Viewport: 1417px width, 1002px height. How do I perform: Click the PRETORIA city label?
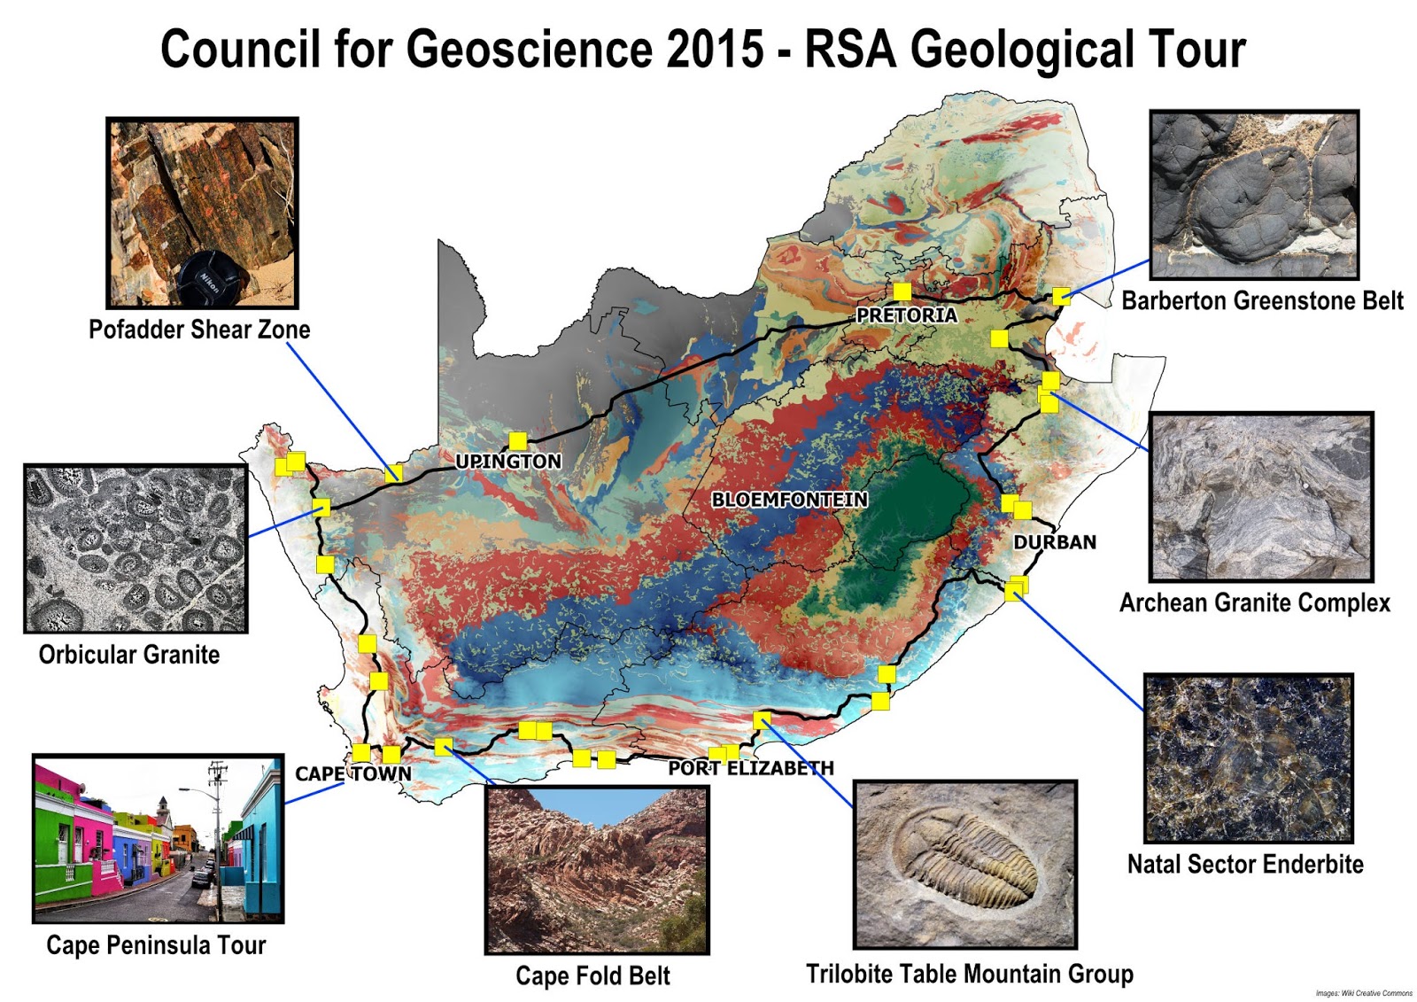[906, 315]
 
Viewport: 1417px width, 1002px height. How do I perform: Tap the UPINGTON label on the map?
[508, 462]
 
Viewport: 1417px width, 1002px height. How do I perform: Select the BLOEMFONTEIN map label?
[789, 500]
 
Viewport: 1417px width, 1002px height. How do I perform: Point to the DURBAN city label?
[1055, 542]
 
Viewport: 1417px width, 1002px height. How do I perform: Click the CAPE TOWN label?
[353, 774]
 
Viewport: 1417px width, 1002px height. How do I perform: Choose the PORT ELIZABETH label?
[751, 768]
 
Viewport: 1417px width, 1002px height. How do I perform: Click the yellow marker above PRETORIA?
[902, 291]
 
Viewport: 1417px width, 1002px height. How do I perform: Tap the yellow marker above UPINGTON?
[517, 440]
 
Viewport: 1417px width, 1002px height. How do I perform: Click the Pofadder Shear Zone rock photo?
[202, 213]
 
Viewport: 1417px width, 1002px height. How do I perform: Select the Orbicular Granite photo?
[136, 548]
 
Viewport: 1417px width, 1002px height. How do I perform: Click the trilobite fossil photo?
[964, 864]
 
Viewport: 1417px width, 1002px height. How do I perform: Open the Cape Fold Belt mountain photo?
[597, 869]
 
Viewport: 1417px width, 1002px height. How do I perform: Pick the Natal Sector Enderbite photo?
[1248, 757]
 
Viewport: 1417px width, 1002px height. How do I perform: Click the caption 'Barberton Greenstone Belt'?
[1262, 301]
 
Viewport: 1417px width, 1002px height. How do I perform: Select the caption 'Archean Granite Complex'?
[1254, 603]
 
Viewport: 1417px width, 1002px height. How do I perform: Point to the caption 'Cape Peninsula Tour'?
[156, 945]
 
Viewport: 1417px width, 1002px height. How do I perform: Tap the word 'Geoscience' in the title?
[529, 49]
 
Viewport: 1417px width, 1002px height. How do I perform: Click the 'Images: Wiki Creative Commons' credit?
[1363, 993]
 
